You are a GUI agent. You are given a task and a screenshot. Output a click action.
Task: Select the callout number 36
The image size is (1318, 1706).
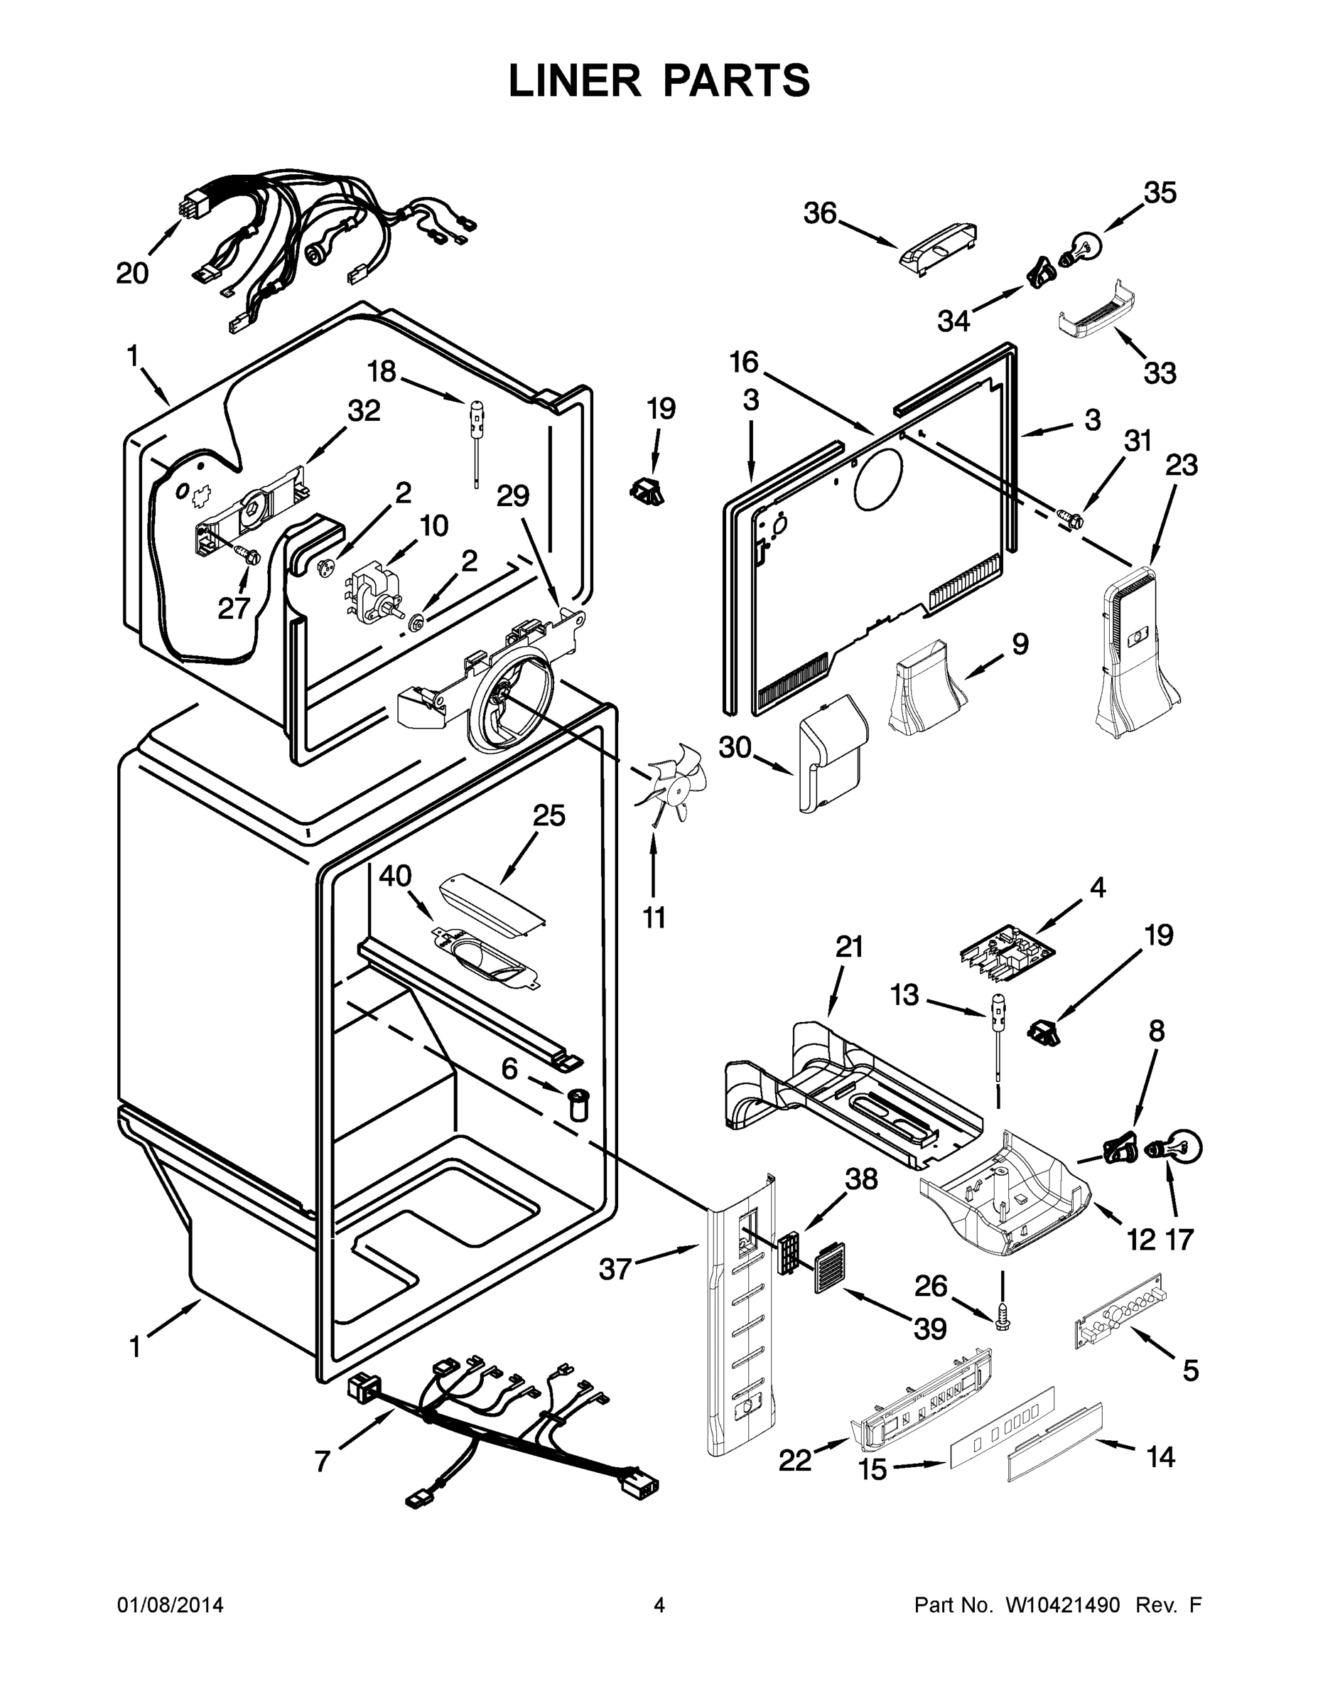coord(820,213)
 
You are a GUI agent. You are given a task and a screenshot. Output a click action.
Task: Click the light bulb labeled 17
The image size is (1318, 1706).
coord(1182,1147)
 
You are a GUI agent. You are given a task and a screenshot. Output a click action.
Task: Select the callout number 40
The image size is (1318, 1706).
coord(395,876)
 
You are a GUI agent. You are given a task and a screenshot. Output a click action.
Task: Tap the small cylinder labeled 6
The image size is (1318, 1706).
coord(578,1104)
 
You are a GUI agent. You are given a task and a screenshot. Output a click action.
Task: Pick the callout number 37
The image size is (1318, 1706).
coord(615,1269)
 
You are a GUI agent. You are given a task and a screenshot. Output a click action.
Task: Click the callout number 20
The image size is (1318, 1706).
coord(132,274)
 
